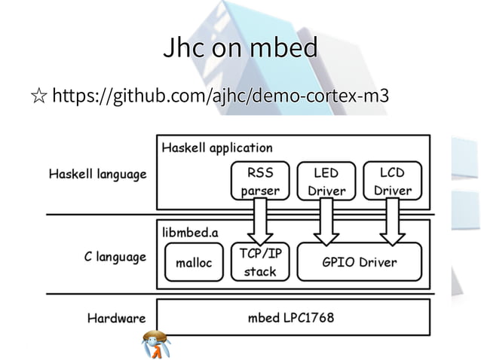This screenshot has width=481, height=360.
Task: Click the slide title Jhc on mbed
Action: [240, 49]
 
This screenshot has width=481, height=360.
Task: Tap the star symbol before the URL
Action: [37, 96]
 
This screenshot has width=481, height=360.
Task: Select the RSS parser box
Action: [259, 182]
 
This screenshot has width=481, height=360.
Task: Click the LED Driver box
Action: [326, 182]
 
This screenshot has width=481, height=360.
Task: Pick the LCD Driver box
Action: [392, 182]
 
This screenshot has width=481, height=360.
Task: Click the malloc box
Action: [193, 264]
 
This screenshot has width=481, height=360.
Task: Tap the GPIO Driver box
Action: [359, 263]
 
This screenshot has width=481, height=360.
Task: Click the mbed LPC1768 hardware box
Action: [292, 317]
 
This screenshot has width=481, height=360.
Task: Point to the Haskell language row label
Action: [97, 175]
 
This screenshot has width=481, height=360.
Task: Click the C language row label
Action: [115, 257]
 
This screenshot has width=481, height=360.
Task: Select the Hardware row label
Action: [115, 318]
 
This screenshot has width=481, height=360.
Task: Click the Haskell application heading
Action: [217, 148]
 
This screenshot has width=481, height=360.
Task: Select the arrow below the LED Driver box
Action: [326, 222]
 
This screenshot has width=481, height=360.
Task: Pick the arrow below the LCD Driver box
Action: [392, 222]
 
